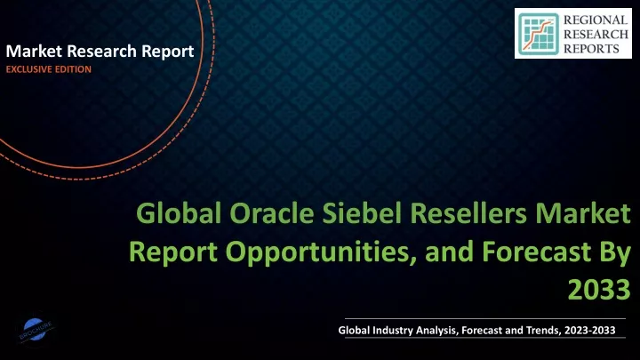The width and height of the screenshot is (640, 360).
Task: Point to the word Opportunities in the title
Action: (x=317, y=252)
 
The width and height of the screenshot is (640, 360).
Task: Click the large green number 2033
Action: (x=599, y=290)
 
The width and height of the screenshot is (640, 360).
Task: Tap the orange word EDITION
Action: (x=73, y=69)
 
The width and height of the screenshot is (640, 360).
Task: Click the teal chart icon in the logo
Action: (x=539, y=34)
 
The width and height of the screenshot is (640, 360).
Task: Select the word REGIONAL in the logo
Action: (x=596, y=20)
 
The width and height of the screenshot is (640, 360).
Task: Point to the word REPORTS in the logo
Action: (x=591, y=49)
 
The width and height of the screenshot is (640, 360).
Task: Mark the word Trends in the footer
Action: (x=543, y=330)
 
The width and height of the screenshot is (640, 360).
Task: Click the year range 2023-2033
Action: (x=590, y=330)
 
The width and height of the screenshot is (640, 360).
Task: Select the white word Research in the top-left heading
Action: (x=101, y=52)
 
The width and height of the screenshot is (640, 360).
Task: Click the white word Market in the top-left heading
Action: (x=34, y=52)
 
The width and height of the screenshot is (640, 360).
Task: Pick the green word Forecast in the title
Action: (x=536, y=252)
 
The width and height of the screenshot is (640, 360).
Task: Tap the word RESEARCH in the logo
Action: (x=596, y=35)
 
